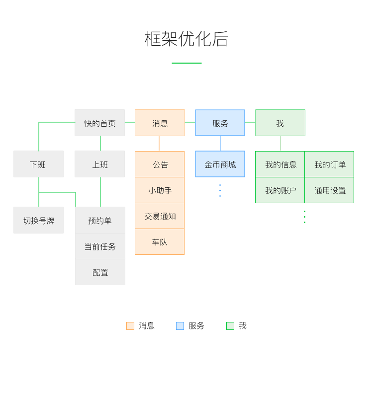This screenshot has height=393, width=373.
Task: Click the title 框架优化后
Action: pyautogui.click(x=186, y=39)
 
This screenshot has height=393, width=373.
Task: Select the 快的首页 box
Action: pyautogui.click(x=99, y=123)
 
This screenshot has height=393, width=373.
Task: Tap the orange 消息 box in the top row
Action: pyautogui.click(x=160, y=123)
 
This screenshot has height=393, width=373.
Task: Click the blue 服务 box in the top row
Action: pyautogui.click(x=220, y=123)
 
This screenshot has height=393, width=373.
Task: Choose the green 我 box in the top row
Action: pyautogui.click(x=280, y=123)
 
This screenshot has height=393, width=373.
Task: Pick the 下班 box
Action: pyautogui.click(x=38, y=164)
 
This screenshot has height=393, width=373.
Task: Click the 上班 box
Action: pyautogui.click(x=99, y=164)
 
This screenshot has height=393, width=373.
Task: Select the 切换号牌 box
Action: pyautogui.click(x=38, y=220)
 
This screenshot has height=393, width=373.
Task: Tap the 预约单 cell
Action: pyautogui.click(x=100, y=220)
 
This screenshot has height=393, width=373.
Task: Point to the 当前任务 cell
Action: pyautogui.click(x=100, y=246)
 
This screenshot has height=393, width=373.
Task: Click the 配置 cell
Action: pyautogui.click(x=100, y=272)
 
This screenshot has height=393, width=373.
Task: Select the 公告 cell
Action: pyautogui.click(x=160, y=164)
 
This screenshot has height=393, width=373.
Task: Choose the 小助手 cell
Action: pyautogui.click(x=160, y=190)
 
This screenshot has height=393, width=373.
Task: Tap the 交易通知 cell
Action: pyautogui.click(x=160, y=216)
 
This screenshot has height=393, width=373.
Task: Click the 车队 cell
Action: pyautogui.click(x=160, y=242)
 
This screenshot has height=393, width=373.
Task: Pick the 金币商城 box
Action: pyautogui.click(x=220, y=164)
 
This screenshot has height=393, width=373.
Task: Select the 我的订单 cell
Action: pyautogui.click(x=329, y=164)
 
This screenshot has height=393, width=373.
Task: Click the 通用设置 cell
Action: pyautogui.click(x=329, y=190)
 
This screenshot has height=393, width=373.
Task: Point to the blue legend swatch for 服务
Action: pyautogui.click(x=180, y=326)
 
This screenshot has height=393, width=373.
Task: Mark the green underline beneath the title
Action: pyautogui.click(x=186, y=63)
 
